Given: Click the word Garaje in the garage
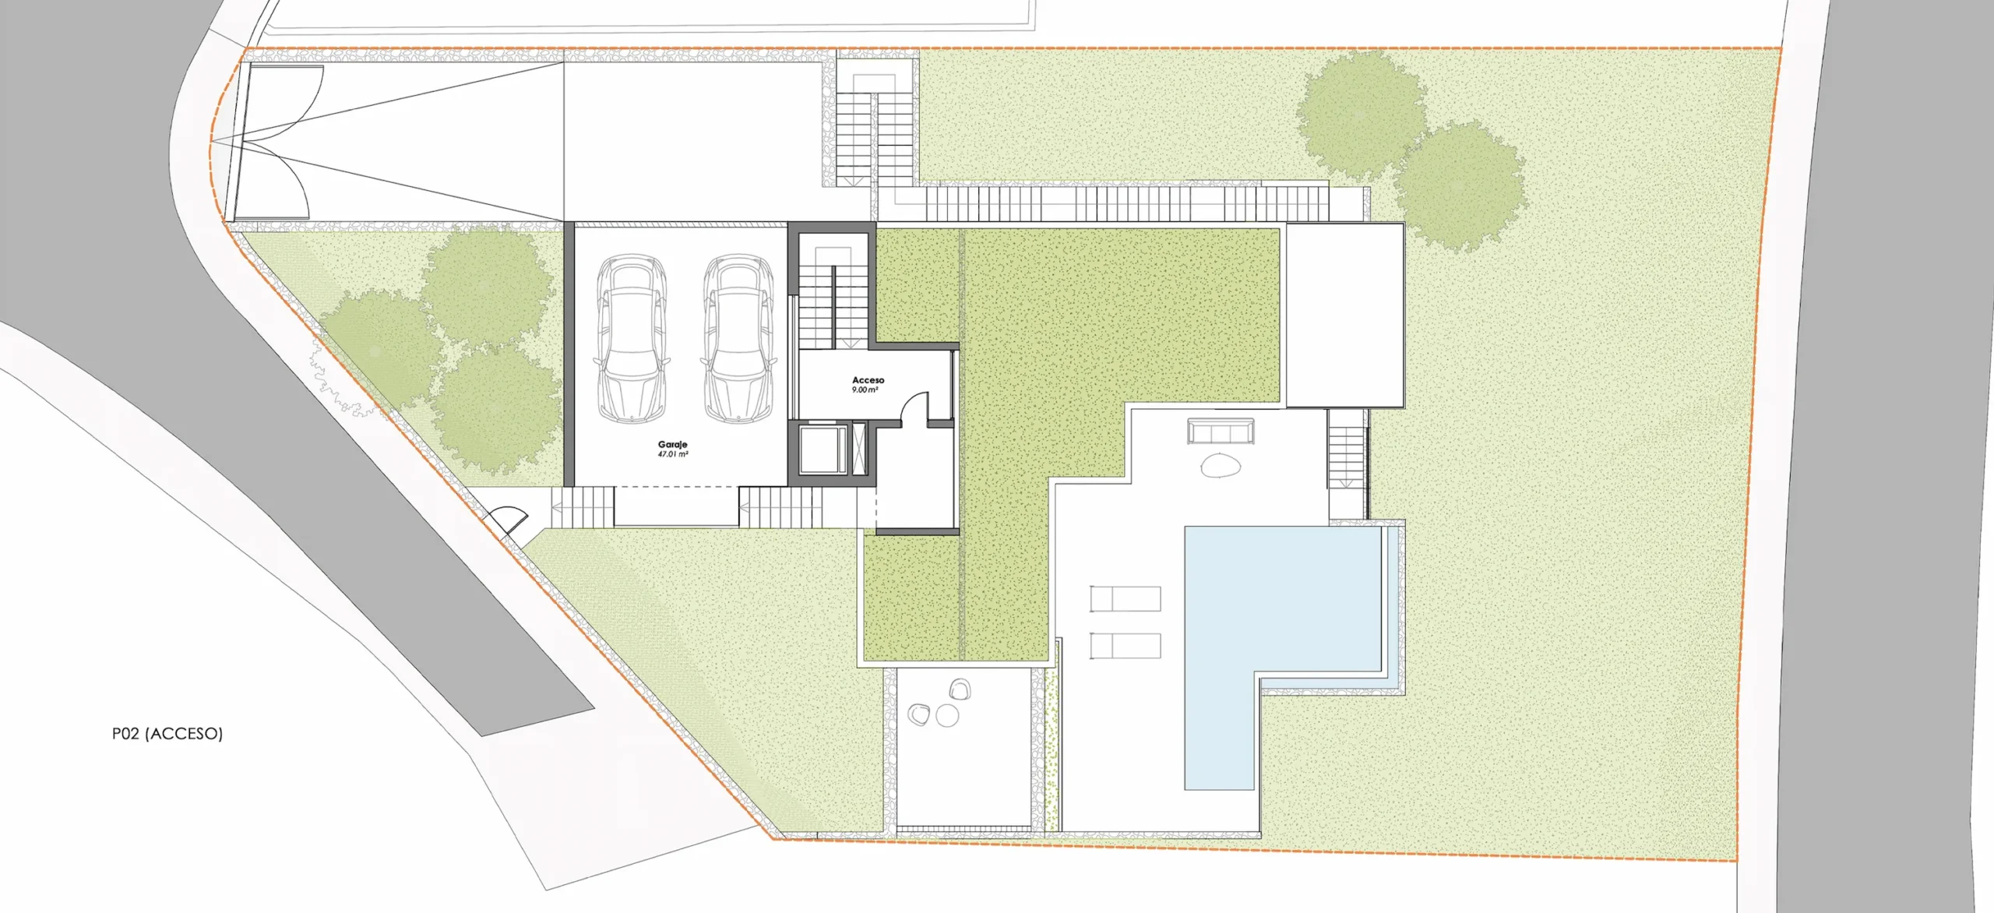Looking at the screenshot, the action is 672,445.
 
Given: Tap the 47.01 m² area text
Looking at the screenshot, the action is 673,453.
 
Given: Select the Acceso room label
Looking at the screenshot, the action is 868,380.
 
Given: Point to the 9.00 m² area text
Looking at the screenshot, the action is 865,390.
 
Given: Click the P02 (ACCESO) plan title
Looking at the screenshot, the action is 167,733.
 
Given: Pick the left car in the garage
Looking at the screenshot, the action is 632,339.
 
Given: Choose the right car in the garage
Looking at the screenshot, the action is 738,339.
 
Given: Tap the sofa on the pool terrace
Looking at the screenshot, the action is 1221,432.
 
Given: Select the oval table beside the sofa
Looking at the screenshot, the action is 1220,466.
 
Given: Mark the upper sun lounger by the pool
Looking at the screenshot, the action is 1126,598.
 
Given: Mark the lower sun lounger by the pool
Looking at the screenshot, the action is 1126,646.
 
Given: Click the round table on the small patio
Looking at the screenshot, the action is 947,715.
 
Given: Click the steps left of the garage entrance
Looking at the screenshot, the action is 583,506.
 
